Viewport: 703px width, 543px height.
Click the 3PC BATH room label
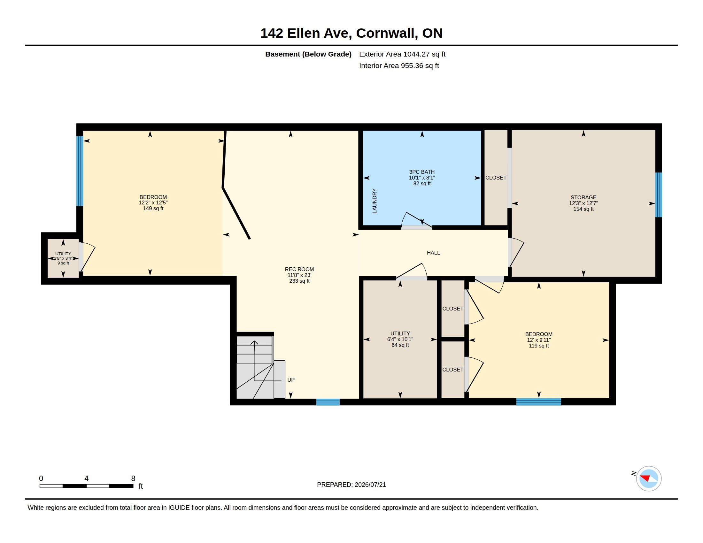tap(422, 172)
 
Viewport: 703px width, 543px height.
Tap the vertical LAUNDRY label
tap(375, 201)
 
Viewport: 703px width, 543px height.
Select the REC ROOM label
tap(299, 269)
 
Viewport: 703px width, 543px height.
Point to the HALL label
tap(433, 253)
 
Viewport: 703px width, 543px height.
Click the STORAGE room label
tap(583, 197)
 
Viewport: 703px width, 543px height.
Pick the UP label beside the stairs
tap(291, 380)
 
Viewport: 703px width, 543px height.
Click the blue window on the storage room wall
tap(659, 195)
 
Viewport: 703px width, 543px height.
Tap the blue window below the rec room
tap(328, 402)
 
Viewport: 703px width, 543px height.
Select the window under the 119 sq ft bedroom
tap(538, 402)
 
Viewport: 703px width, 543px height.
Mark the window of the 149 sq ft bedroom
tap(80, 171)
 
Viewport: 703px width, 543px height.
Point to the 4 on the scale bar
tap(86, 478)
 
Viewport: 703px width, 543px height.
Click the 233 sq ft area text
tap(299, 281)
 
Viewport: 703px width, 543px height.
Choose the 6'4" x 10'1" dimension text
tap(400, 339)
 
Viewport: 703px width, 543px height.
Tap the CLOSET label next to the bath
tap(496, 178)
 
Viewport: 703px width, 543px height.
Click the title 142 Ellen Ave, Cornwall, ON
tap(351, 33)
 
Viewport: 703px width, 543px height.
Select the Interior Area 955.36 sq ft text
tap(399, 65)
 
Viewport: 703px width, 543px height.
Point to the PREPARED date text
tap(351, 485)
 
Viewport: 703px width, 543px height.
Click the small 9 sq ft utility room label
tap(63, 263)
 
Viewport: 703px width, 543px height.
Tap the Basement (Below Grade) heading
tap(308, 54)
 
